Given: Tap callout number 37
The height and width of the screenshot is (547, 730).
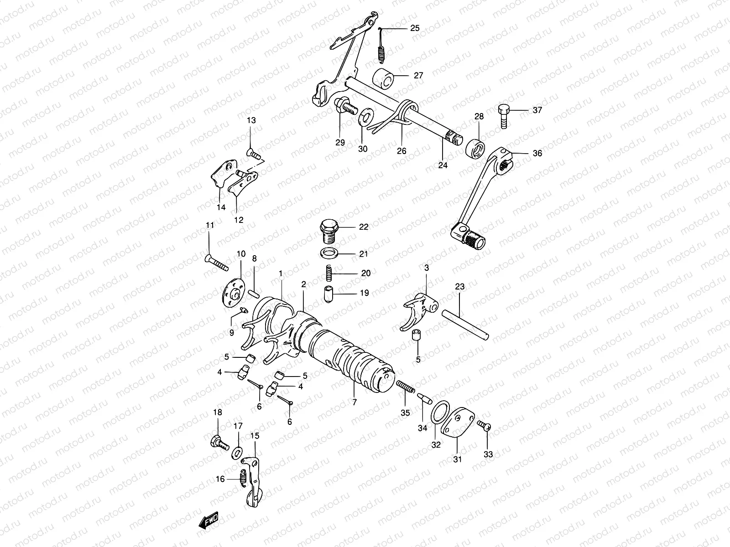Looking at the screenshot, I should click(537, 110).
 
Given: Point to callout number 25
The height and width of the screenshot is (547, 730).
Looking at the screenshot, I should click(414, 28).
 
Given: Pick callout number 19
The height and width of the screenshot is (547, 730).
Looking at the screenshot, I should click(364, 293).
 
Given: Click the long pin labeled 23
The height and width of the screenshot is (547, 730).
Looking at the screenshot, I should click(465, 324).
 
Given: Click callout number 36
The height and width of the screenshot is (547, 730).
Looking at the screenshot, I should click(537, 154).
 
